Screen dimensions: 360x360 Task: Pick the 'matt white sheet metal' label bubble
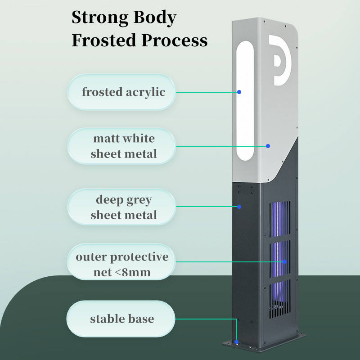coord(121,146)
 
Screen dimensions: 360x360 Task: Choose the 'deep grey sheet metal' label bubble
coord(121,207)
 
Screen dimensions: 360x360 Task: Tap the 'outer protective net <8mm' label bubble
coord(121,264)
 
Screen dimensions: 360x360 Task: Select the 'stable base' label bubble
coord(121,319)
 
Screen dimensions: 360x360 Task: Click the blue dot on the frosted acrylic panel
coord(239,92)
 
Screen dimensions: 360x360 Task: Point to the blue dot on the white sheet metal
coord(268,146)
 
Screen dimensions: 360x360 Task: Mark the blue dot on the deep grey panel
coord(239,207)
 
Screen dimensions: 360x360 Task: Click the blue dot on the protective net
coord(284,261)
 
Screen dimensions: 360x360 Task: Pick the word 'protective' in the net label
coord(139,257)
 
